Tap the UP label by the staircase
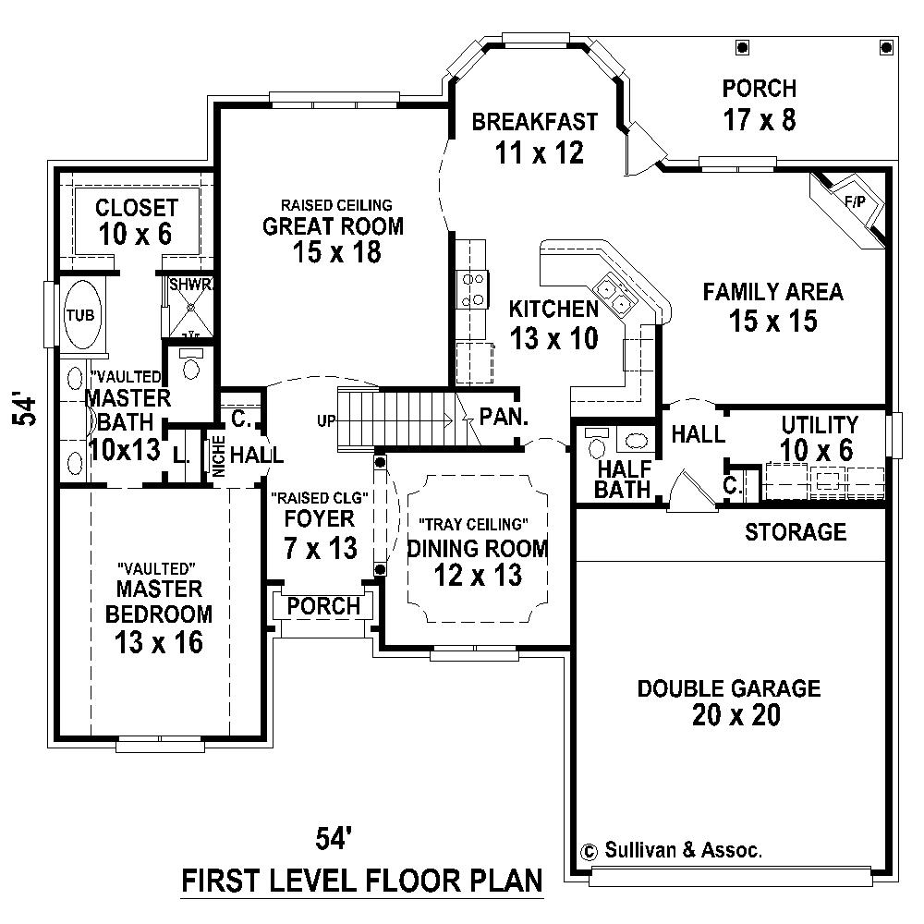point(325,421)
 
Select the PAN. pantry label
point(504,416)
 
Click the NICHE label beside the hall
point(218,456)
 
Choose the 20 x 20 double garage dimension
point(728,715)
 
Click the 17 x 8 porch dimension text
point(759,120)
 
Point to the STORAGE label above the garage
point(796,531)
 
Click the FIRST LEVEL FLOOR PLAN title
point(361,881)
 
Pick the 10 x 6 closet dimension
point(136,235)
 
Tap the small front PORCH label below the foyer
point(323,606)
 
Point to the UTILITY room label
point(819,425)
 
